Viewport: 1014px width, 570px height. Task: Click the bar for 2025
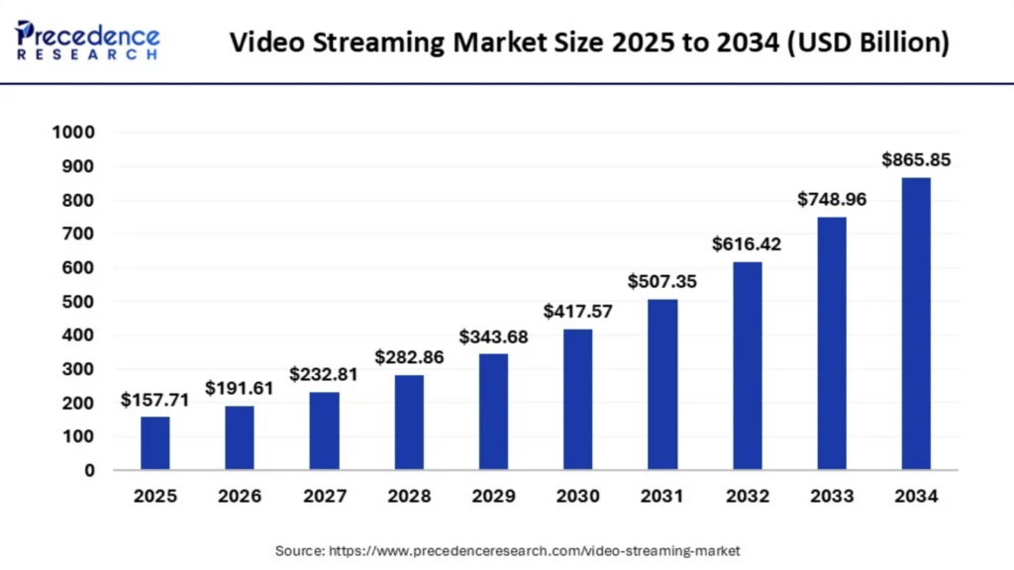pyautogui.click(x=154, y=442)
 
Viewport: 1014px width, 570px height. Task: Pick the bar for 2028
pyautogui.click(x=408, y=422)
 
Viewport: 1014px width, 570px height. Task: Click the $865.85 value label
pyautogui.click(x=916, y=160)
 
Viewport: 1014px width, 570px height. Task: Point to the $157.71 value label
pyautogui.click(x=154, y=400)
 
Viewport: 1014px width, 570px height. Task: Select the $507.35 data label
pyautogui.click(x=661, y=281)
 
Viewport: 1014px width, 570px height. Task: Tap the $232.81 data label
pyautogui.click(x=323, y=374)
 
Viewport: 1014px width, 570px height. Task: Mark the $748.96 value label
pyautogui.click(x=832, y=200)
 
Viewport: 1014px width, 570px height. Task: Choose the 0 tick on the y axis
pyautogui.click(x=88, y=470)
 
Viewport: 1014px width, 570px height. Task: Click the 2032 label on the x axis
pyautogui.click(x=747, y=495)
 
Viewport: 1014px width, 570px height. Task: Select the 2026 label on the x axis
pyautogui.click(x=239, y=495)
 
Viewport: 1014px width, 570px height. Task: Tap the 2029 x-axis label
pyautogui.click(x=492, y=495)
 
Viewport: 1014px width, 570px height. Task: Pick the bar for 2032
pyautogui.click(x=747, y=365)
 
